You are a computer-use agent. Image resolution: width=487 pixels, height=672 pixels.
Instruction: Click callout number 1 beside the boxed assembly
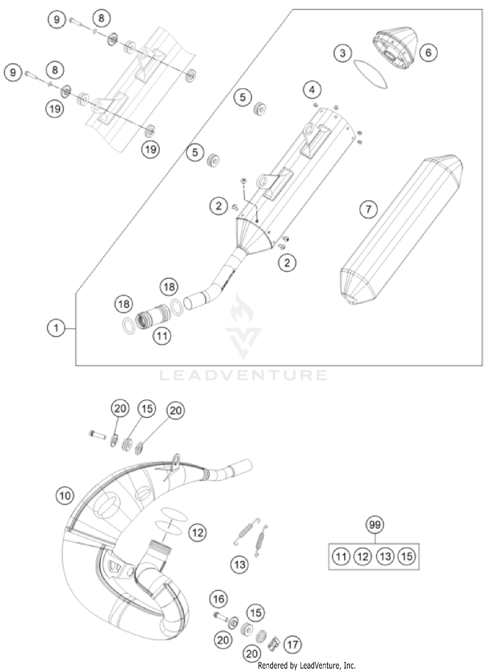(x=56, y=328)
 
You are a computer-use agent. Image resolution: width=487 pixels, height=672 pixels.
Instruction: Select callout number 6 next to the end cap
(x=428, y=52)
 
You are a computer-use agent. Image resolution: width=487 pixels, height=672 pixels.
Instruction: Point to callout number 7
(x=368, y=209)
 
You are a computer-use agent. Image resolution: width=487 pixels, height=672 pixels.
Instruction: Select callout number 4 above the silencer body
(x=312, y=90)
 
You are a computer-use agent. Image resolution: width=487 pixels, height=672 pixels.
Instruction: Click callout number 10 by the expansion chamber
(x=65, y=495)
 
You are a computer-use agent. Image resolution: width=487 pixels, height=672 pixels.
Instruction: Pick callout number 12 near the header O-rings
(x=197, y=532)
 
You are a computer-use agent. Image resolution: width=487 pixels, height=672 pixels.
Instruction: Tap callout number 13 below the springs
(x=240, y=565)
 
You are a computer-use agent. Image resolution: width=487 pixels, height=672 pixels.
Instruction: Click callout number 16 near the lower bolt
(x=219, y=599)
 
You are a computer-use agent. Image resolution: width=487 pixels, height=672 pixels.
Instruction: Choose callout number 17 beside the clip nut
(x=293, y=644)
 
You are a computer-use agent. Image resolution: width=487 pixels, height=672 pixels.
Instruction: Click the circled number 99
(x=375, y=525)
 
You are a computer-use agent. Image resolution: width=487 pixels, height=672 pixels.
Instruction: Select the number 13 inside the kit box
(x=385, y=557)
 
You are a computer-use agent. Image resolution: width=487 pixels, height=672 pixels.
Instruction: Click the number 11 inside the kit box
(x=341, y=557)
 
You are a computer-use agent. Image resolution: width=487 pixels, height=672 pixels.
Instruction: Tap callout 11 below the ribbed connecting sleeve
(x=162, y=336)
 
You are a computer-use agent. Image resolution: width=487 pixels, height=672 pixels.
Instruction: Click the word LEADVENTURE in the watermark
(x=243, y=375)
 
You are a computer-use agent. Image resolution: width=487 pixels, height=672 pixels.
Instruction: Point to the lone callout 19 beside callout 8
(x=55, y=109)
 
